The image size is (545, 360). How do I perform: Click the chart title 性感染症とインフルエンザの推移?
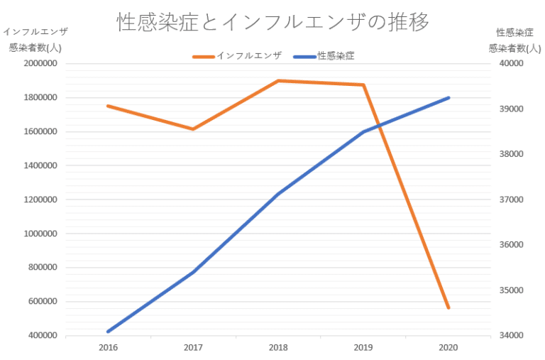tap(272, 22)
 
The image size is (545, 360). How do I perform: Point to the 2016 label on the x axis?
tap(108, 348)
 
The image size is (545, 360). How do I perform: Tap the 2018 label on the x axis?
tap(278, 348)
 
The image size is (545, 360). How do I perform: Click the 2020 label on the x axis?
tap(448, 348)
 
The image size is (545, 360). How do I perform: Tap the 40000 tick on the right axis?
tap(511, 64)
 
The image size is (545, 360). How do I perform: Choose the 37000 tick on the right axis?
tap(511, 200)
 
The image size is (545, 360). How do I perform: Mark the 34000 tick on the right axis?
tap(511, 336)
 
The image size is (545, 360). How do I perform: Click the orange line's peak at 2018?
tap(278, 81)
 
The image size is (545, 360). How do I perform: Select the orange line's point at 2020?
tap(448, 308)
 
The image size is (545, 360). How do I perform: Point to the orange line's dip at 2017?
tap(193, 129)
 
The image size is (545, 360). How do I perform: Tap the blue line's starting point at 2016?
tap(108, 332)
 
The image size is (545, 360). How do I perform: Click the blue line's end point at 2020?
tap(448, 98)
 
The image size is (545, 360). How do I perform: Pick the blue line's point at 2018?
tap(278, 195)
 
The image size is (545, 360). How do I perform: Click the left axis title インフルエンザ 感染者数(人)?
tap(35, 40)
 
